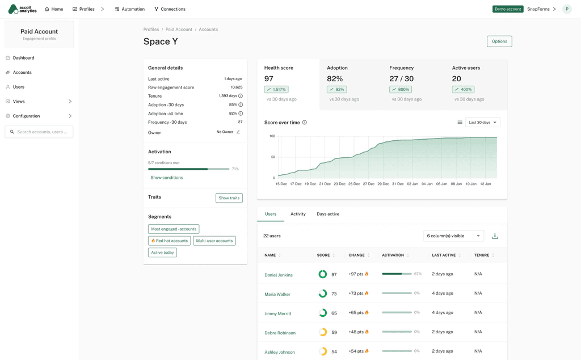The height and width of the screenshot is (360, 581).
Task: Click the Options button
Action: [499, 41]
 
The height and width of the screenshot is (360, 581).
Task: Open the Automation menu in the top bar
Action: [130, 9]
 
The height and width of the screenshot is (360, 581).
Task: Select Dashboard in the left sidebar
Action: [23, 58]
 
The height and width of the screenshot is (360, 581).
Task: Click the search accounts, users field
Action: [39, 132]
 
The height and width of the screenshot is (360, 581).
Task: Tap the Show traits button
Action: [229, 198]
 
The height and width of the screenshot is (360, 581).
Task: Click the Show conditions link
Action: [167, 178]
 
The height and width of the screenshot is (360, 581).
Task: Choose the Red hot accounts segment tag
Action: [169, 241]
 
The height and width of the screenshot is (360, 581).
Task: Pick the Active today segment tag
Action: [162, 253]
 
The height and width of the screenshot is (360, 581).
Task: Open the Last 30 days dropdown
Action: [483, 122]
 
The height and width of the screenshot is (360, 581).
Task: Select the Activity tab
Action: [298, 214]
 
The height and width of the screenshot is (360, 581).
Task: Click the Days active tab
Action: [328, 214]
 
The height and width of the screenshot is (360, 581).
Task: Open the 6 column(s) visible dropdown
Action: [453, 236]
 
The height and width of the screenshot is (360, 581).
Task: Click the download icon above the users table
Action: [495, 236]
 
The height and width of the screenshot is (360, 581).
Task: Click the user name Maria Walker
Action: [277, 294]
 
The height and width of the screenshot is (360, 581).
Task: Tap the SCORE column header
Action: [323, 255]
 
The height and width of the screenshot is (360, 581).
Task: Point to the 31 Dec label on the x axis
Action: [398, 184]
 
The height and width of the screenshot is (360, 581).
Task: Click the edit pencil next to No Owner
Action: [238, 132]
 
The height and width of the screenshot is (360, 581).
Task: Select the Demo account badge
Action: [508, 9]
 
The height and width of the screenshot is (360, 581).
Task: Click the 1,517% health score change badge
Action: [276, 89]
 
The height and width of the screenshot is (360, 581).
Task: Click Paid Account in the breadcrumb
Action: [179, 30]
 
